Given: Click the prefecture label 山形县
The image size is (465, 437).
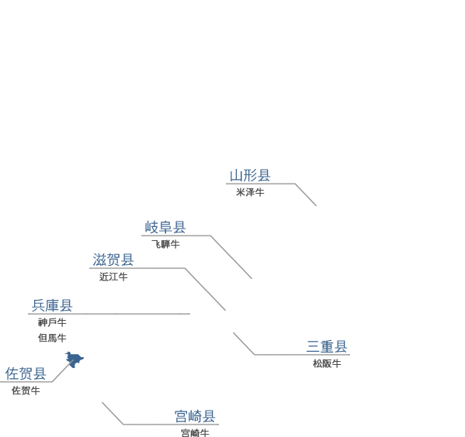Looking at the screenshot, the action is [x=250, y=175].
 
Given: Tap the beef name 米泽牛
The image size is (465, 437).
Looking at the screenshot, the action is [x=250, y=192].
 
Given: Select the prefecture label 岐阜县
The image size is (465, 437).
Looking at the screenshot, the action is [x=165, y=227].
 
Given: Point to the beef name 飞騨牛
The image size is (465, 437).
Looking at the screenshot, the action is [x=165, y=244].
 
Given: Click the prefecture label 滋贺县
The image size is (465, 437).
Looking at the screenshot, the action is [x=113, y=260].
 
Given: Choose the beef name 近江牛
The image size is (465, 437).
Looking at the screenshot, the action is [x=113, y=277].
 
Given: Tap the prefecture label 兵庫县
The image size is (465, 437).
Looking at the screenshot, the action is [x=52, y=305].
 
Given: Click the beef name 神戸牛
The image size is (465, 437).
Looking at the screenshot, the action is [x=52, y=322].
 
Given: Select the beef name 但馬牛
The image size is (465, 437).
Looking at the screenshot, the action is [x=52, y=338].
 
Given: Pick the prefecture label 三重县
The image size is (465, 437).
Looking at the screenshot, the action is [x=327, y=346].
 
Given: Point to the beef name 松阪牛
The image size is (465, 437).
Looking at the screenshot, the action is [x=327, y=363].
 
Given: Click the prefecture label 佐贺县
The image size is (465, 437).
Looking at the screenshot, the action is [x=26, y=373].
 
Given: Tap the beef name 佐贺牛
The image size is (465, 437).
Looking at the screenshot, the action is [x=26, y=391].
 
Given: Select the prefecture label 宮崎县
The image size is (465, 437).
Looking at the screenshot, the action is [x=195, y=416].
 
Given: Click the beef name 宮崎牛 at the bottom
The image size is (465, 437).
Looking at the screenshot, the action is [x=195, y=433].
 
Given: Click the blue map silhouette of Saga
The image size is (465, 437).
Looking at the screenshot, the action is [x=75, y=360].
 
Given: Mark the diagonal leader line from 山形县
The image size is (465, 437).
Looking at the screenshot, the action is [x=306, y=194].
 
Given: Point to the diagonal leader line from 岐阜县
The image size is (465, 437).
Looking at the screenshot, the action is [x=231, y=257].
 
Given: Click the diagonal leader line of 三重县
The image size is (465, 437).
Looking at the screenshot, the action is [x=244, y=343].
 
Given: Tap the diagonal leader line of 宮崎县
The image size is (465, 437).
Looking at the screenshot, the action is [x=113, y=413].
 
